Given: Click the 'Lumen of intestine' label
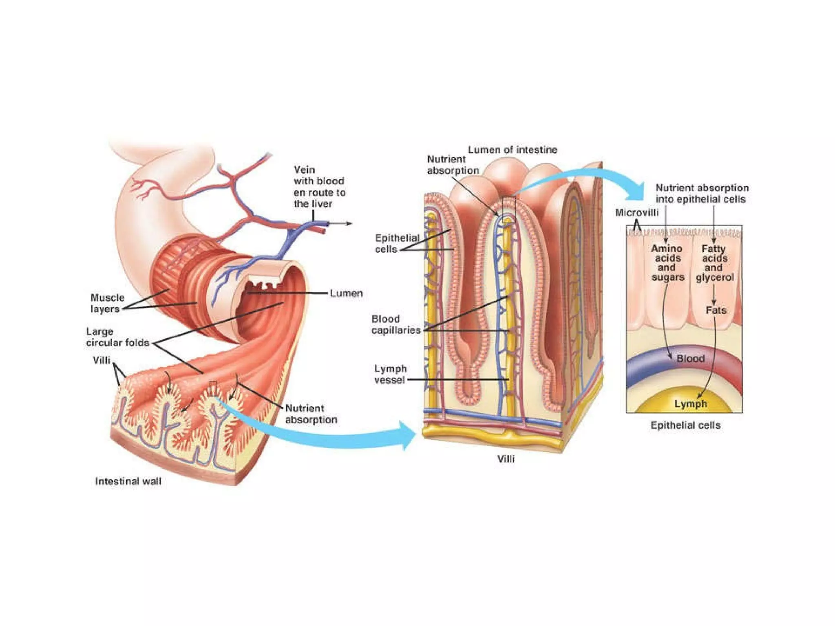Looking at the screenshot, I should tap(512, 150).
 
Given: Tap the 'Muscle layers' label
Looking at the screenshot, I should tap(107, 303).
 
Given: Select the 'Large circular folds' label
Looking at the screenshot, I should tap(117, 337).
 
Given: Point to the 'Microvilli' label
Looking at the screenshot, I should tap(636, 213).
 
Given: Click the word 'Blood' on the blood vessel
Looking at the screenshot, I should tap(690, 359).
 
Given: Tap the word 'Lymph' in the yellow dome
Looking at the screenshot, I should tap(690, 404).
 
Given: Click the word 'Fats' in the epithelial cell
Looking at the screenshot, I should tap(716, 311).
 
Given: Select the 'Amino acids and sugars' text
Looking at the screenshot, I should tap(667, 263).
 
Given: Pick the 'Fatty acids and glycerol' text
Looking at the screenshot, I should tap(714, 263).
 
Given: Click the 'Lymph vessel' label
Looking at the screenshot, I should tap(390, 374).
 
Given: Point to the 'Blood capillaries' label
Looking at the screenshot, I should tap(395, 324).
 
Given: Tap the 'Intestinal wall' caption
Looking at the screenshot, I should tap(128, 481).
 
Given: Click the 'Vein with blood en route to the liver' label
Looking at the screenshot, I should tap(319, 187).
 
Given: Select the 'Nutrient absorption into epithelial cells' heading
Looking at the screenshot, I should tap(702, 194).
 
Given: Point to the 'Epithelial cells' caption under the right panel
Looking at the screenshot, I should tap(685, 425).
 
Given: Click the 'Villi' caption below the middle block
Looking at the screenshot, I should tap(506, 459).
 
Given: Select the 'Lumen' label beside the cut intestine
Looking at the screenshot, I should tap(346, 293).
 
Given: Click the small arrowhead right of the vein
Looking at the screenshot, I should tap(350, 223).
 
